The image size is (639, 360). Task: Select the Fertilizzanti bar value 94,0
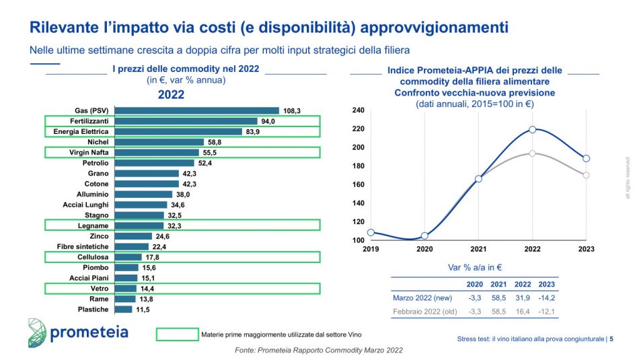tap(269, 121)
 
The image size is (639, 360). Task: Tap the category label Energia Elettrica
tap(81, 131)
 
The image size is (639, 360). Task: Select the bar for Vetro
tap(125, 289)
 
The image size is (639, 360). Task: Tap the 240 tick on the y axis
tap(358, 110)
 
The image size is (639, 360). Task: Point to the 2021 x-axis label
tap(478, 248)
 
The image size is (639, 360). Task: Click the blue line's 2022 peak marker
tap(532, 129)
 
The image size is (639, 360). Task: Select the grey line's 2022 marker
tap(532, 153)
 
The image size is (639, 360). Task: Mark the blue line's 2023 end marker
tap(586, 158)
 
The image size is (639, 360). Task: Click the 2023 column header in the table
tap(547, 283)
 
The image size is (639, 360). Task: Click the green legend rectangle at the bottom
tap(177, 334)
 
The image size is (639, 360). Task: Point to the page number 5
tap(611, 339)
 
